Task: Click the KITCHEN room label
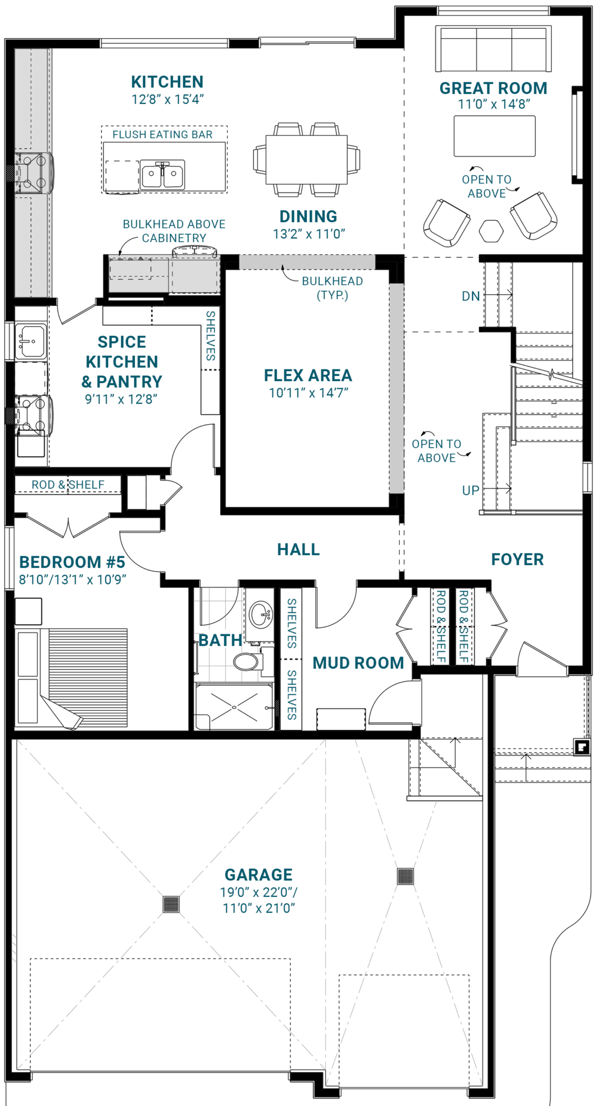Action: (167, 82)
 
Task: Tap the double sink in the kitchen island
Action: (162, 175)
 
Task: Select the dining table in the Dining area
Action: (306, 159)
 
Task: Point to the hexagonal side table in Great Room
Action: (491, 231)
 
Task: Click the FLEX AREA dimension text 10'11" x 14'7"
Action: (308, 393)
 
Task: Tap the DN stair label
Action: (470, 296)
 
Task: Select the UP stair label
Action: (470, 491)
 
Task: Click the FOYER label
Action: (517, 560)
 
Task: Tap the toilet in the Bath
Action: (247, 661)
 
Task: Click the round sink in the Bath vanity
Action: (260, 614)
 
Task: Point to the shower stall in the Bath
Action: (234, 707)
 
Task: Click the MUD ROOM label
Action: (358, 663)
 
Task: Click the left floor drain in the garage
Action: (171, 904)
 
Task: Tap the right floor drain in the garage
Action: (405, 876)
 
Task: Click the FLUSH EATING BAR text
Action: (163, 134)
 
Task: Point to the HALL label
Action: (298, 550)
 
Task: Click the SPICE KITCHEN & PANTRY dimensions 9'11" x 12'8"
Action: (121, 399)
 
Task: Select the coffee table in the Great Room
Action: (495, 136)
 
